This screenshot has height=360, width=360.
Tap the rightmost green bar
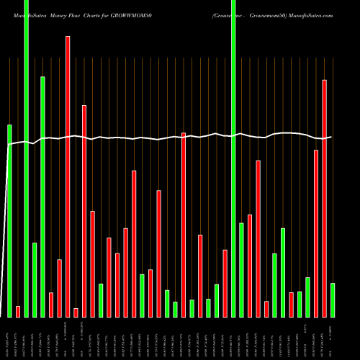pyautogui.click(x=332, y=300)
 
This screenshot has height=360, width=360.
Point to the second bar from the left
pyautogui.click(x=18, y=311)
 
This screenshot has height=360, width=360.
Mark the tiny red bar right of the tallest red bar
pyautogui.click(x=76, y=312)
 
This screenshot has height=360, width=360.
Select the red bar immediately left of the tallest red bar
pyautogui.click(x=60, y=288)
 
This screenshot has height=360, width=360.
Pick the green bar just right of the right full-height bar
pyautogui.click(x=241, y=269)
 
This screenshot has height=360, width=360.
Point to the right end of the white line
pyautogui.click(x=331, y=137)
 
